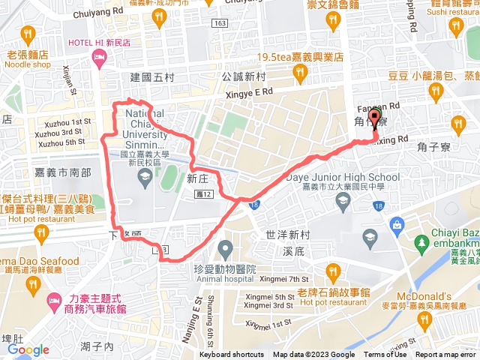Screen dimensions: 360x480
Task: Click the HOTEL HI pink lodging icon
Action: click(x=98, y=61)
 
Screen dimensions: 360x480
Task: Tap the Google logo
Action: click(x=28, y=349)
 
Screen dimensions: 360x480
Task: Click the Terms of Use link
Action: click(x=385, y=355)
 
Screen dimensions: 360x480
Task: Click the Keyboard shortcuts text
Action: click(x=232, y=355)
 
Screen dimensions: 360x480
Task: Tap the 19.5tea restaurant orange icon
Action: click(x=300, y=73)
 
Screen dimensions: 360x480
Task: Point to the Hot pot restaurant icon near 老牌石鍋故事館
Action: click(x=333, y=270)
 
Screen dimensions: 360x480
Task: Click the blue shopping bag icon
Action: click(x=396, y=224)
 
